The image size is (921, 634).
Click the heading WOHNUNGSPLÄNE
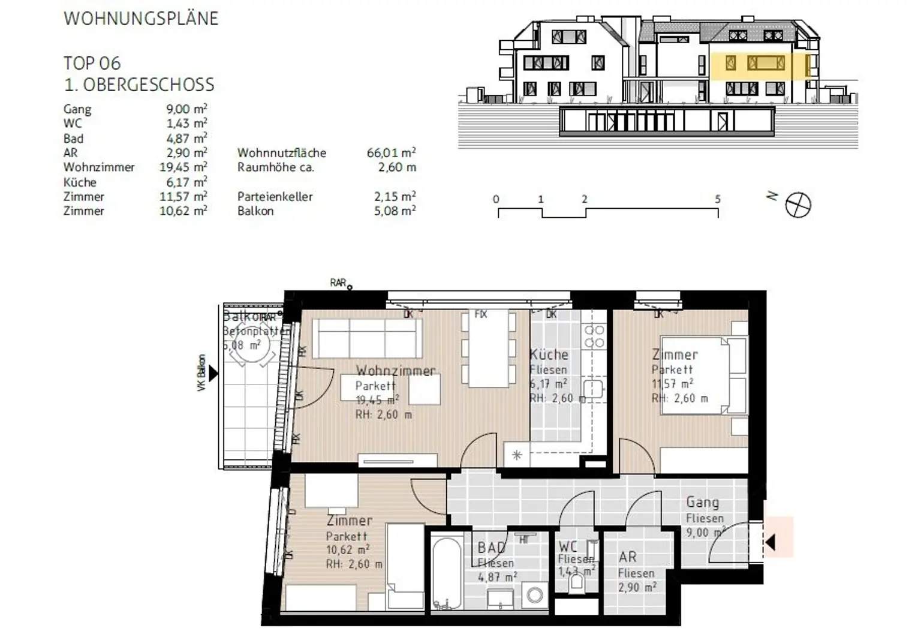[x=141, y=19]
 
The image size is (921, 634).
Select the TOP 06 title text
[x=92, y=63]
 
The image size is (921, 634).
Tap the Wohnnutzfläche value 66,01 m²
[x=391, y=153]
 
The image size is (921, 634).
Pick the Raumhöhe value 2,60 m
[x=396, y=167]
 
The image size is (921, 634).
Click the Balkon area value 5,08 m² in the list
[x=395, y=211]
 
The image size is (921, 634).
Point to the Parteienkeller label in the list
[x=275, y=197]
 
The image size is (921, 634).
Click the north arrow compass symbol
[x=797, y=205]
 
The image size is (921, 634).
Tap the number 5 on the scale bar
[x=717, y=199]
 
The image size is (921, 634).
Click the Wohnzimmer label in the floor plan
[x=396, y=371]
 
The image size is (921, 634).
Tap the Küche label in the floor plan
[x=549, y=354]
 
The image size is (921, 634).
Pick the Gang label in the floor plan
[x=702, y=502]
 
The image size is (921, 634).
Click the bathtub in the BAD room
[x=445, y=573]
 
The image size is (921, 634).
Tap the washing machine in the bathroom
[x=534, y=595]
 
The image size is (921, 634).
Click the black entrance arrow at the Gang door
[x=770, y=543]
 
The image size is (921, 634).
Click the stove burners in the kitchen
[x=594, y=336]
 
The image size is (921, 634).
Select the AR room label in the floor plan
[x=628, y=557]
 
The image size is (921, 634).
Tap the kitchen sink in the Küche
[x=592, y=390]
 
